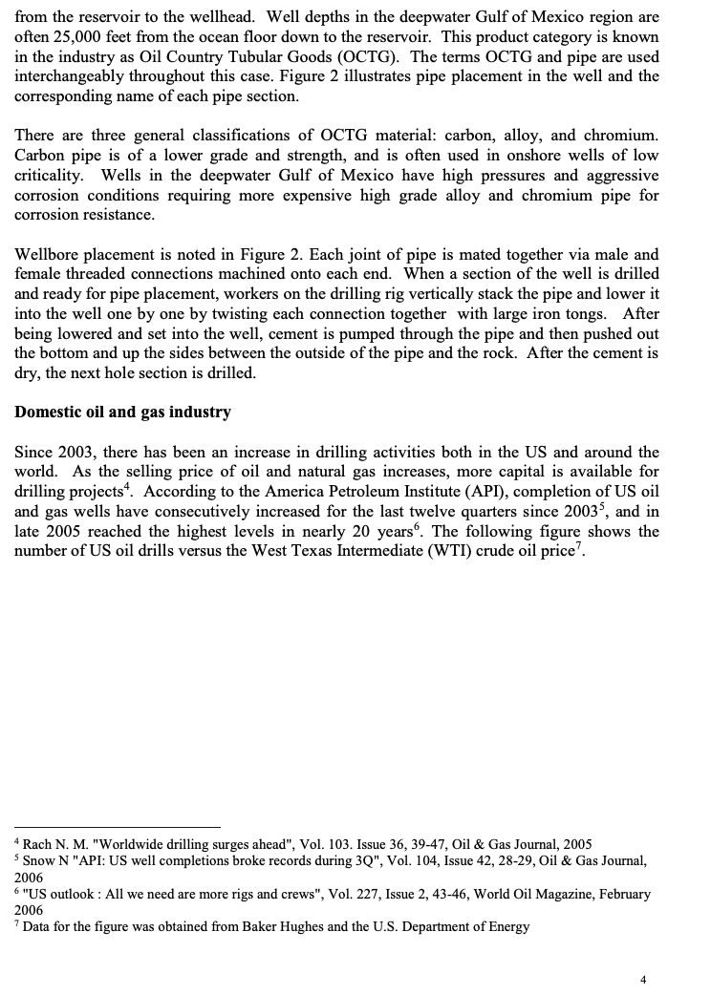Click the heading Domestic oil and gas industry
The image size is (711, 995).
click(122, 413)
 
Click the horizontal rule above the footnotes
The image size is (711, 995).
click(117, 827)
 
